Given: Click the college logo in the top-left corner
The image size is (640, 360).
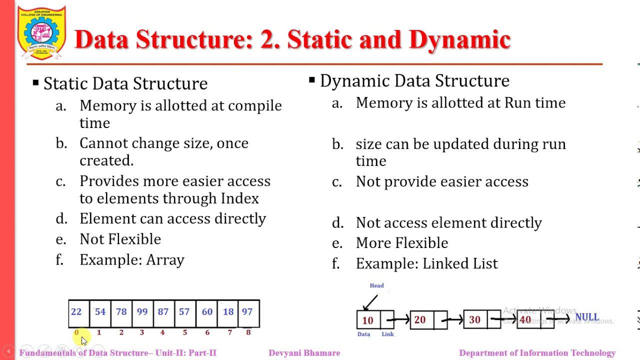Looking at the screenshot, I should (x=42, y=33).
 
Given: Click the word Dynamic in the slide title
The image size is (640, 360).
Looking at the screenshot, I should (x=459, y=40).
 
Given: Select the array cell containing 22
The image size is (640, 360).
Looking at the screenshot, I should (x=76, y=312).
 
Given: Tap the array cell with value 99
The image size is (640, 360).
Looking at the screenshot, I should (x=142, y=312).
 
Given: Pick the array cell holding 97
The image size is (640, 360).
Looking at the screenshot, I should (x=247, y=312).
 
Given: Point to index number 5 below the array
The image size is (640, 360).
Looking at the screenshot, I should (x=184, y=332).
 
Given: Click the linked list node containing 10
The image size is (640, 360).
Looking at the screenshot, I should (x=368, y=320).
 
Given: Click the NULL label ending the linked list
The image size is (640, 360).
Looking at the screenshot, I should (x=587, y=317).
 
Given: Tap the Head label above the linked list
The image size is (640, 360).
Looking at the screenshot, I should (x=376, y=285).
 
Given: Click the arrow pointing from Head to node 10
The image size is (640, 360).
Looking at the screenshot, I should (x=370, y=302).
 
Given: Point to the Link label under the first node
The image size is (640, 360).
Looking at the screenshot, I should (x=387, y=334).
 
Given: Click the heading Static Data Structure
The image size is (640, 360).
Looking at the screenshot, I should (x=125, y=83).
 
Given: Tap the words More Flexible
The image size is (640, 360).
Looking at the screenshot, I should (x=401, y=243).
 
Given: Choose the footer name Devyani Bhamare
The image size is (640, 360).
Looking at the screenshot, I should (x=304, y=353).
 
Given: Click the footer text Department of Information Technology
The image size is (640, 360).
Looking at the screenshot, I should (x=537, y=353).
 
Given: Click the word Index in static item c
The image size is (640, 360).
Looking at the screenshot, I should (x=239, y=198).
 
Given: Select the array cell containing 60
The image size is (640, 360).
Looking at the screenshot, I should (x=207, y=312).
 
